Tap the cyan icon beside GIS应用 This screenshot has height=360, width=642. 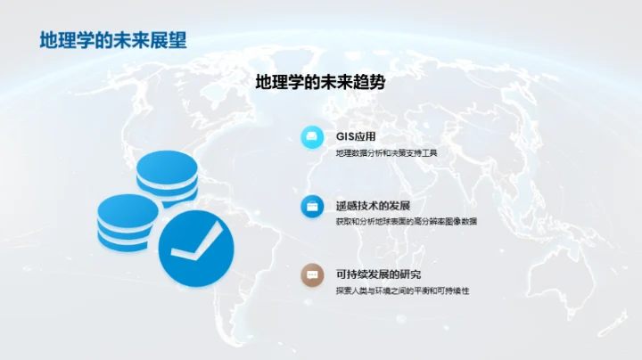point(312,136)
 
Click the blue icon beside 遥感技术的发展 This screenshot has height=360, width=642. point(312,206)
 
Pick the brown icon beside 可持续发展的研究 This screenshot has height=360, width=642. point(312,275)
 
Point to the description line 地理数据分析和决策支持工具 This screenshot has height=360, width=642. point(386,152)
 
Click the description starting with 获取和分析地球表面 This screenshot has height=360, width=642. point(406,221)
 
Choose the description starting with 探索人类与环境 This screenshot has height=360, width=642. point(402,290)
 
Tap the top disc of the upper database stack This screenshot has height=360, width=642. point(168,164)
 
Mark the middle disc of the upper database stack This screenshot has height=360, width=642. point(168,182)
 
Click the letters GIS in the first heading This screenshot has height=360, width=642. point(345,137)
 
